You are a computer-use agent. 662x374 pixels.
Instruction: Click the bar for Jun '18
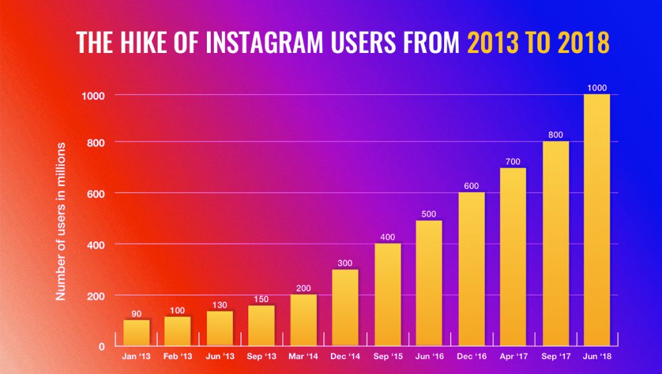597,220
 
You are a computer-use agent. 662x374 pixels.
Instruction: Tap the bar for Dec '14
345,307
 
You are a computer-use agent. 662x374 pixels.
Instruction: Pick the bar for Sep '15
387,295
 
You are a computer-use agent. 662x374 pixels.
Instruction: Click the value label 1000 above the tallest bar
597,87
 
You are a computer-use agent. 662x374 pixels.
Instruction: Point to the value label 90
136,313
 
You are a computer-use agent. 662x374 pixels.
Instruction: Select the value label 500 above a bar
429,214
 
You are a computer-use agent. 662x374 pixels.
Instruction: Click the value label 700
513,161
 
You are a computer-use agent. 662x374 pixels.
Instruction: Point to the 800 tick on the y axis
96,142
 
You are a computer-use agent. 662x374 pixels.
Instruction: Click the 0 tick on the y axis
101,346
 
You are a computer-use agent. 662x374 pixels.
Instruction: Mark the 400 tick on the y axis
96,245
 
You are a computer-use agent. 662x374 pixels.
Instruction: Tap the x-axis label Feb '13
178,356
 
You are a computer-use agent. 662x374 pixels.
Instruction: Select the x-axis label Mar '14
303,356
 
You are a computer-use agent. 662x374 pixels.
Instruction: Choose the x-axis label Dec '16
471,356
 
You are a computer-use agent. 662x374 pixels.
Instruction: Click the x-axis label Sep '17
555,356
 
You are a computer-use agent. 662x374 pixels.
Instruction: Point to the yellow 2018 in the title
577,42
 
